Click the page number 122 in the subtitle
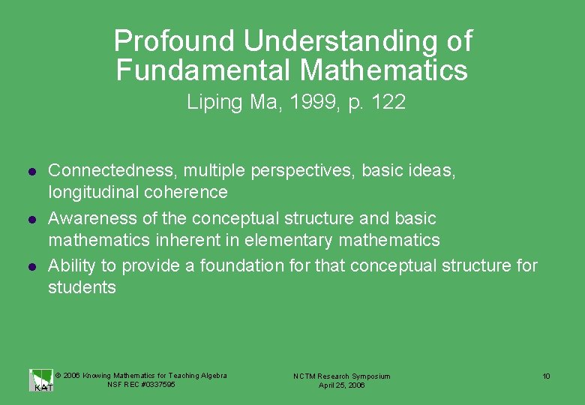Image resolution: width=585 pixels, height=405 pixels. coord(389,103)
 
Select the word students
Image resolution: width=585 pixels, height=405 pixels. coord(82,288)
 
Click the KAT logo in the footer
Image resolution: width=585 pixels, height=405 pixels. coord(41,380)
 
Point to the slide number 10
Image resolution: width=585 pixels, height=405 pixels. coord(547,376)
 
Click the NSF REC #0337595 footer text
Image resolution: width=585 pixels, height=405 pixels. coord(141,385)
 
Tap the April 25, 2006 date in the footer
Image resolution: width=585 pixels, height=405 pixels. coord(341,385)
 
